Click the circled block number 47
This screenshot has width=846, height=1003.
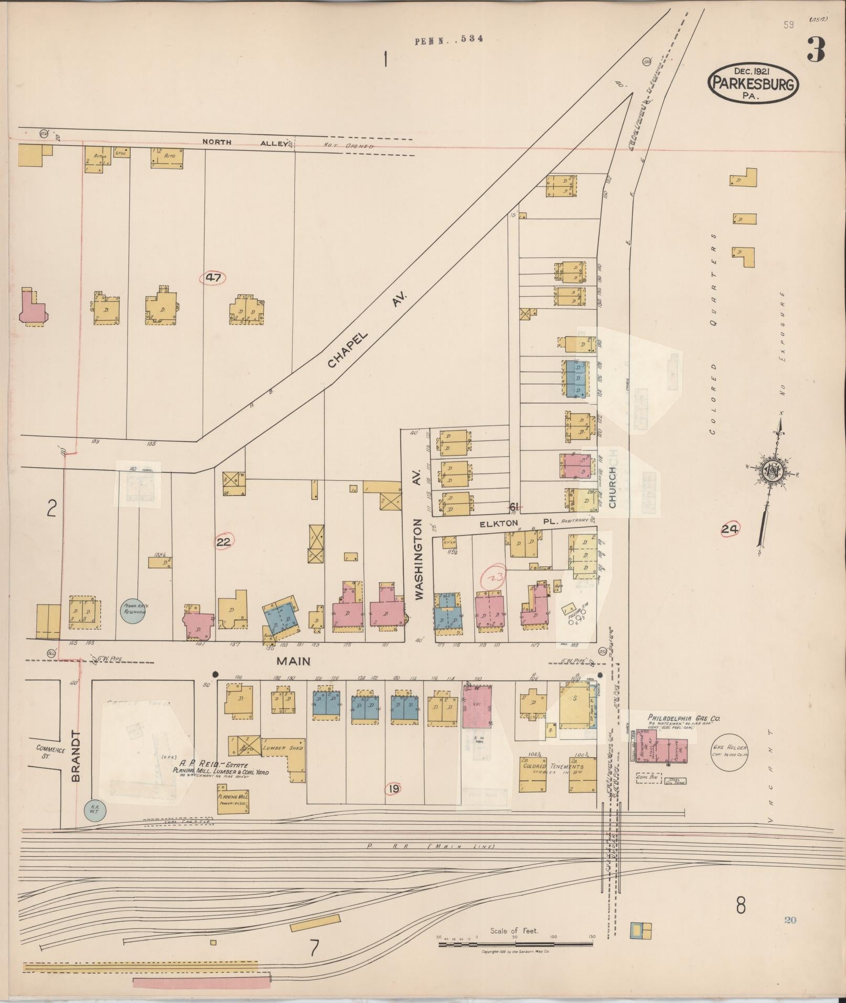213,277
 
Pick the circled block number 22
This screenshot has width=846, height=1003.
224,542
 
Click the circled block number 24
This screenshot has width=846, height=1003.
729,530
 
